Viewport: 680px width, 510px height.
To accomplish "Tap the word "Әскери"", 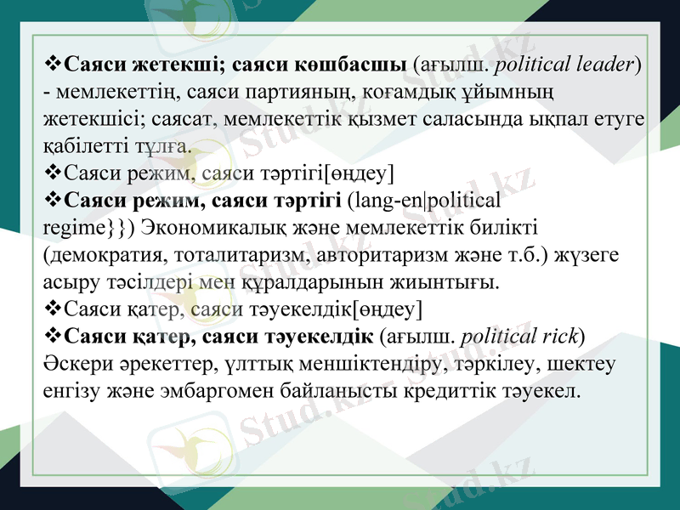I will tap(74, 363).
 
